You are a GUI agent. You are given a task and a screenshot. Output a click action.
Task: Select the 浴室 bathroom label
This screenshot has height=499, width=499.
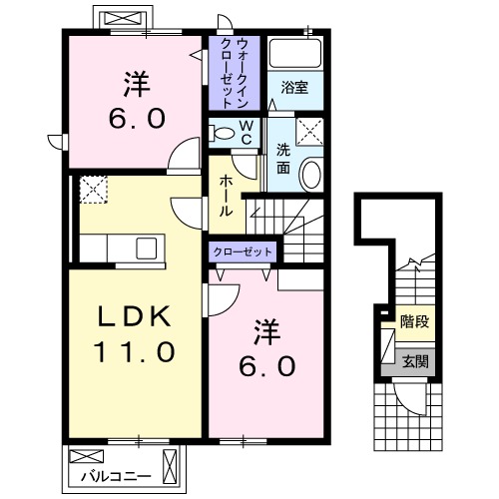tap(293, 89)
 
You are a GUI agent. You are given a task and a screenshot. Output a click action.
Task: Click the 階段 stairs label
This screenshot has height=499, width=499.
tap(413, 322)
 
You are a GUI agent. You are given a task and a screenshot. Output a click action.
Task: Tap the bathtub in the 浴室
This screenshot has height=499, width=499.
tap(294, 56)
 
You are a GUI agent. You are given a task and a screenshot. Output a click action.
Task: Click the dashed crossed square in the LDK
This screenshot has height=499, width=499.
tap(94, 190)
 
